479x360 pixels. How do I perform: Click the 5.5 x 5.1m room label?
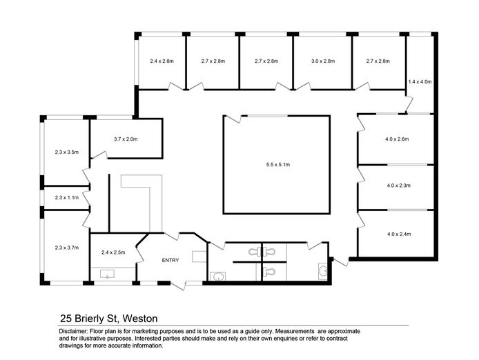pyautogui.click(x=277, y=165)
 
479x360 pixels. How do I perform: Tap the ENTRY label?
pyautogui.click(x=170, y=260)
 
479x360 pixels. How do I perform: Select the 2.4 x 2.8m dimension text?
pyautogui.click(x=162, y=61)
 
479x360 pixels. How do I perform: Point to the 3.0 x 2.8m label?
pyautogui.click(x=323, y=61)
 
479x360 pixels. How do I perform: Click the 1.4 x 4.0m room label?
pyautogui.click(x=420, y=82)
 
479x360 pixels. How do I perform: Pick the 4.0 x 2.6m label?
pyautogui.click(x=397, y=139)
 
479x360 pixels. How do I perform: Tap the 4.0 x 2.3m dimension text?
pyautogui.click(x=398, y=186)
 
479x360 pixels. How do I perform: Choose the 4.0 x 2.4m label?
pyautogui.click(x=399, y=234)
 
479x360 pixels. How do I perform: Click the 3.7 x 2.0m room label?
pyautogui.click(x=126, y=139)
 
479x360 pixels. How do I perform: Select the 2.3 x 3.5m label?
pyautogui.click(x=66, y=152)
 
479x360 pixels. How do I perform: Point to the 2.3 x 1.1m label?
pyautogui.click(x=66, y=197)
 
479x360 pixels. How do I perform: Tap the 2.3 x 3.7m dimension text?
pyautogui.click(x=66, y=248)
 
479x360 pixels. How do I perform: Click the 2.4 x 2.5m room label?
pyautogui.click(x=113, y=252)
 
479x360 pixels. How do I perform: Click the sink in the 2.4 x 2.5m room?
pyautogui.click(x=107, y=274)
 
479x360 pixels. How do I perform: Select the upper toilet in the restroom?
pyautogui.click(x=262, y=252)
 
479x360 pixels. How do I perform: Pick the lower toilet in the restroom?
pyautogui.click(x=268, y=271)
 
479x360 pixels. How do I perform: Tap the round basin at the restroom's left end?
pyautogui.click(x=218, y=277)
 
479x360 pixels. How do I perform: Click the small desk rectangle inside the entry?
pyautogui.click(x=199, y=256)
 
